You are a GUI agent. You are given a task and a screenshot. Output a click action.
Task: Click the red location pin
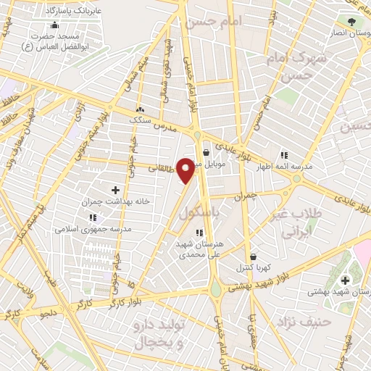186,170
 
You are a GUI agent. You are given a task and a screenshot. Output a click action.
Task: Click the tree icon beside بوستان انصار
352,22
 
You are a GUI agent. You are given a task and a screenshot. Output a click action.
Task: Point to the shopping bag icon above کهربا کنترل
253,257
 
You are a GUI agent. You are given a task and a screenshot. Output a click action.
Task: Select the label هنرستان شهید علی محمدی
199,250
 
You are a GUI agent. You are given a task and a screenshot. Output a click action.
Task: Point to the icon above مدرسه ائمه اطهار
283,154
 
